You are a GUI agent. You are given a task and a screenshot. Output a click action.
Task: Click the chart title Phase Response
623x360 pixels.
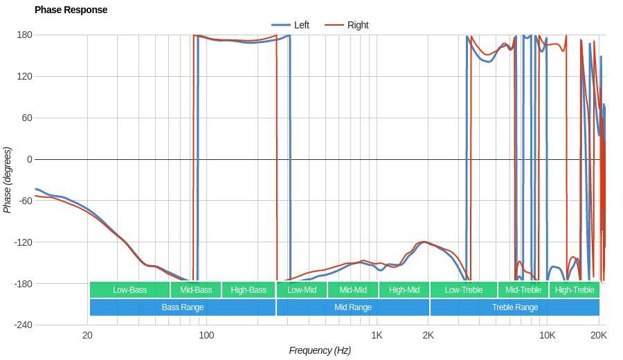(71, 10)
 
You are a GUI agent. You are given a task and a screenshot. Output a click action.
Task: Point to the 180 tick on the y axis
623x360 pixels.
(25, 35)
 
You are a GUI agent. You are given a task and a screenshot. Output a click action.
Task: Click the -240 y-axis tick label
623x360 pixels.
(23, 325)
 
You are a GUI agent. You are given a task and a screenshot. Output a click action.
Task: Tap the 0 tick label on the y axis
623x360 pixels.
(29, 159)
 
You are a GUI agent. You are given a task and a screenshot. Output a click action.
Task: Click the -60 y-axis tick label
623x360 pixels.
(25, 201)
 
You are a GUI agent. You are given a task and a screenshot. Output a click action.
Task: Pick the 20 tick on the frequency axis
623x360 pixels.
(87, 335)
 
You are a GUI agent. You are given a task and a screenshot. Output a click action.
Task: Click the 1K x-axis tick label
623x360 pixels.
(377, 335)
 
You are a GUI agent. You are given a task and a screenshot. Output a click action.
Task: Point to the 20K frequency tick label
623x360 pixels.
(599, 335)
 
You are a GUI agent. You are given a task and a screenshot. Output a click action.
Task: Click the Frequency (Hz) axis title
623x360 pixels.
(320, 350)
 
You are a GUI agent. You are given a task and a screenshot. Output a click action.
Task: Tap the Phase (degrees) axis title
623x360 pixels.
(8, 180)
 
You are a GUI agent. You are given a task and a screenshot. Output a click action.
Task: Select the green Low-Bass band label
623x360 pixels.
(129, 290)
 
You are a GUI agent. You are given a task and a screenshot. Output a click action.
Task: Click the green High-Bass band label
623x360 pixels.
(249, 290)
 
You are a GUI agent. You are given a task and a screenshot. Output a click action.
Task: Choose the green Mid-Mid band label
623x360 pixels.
(353, 290)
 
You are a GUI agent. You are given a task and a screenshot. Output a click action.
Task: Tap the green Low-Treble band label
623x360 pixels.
(464, 290)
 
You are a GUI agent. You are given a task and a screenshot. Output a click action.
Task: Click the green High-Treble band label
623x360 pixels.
(575, 290)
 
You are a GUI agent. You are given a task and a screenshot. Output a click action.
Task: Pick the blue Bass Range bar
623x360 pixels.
(183, 307)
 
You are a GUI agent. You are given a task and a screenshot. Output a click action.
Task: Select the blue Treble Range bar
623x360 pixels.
(515, 307)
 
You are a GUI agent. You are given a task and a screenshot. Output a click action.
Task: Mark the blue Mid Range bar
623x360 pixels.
(353, 307)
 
